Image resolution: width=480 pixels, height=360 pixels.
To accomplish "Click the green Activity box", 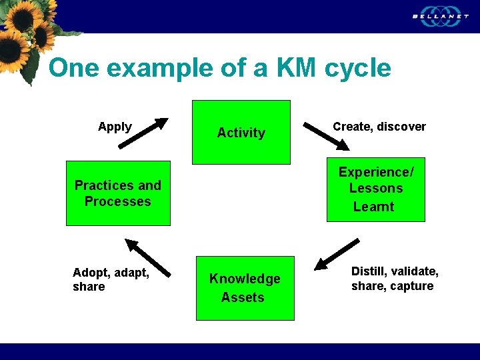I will tap(241, 132).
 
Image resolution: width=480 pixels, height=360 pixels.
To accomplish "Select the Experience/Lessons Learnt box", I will tap(375, 189).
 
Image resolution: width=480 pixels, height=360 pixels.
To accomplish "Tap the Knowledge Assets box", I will tap(245, 288).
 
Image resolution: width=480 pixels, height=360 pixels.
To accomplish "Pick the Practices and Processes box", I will tap(118, 193).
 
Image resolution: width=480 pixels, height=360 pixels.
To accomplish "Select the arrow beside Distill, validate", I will tap(337, 254).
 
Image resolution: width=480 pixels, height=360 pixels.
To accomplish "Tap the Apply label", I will tap(115, 127).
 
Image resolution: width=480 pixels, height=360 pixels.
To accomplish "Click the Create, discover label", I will tap(379, 127).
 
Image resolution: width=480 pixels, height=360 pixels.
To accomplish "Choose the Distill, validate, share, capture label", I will tap(395, 279).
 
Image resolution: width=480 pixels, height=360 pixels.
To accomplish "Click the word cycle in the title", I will tap(358, 68).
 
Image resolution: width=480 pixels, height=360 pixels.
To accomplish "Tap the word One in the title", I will tap(74, 68).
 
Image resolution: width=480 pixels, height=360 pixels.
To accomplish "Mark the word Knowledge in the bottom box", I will tap(245, 279).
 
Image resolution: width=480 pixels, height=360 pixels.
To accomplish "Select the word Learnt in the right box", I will tap(374, 207).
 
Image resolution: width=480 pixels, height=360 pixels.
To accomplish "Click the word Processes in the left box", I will tap(118, 201).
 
